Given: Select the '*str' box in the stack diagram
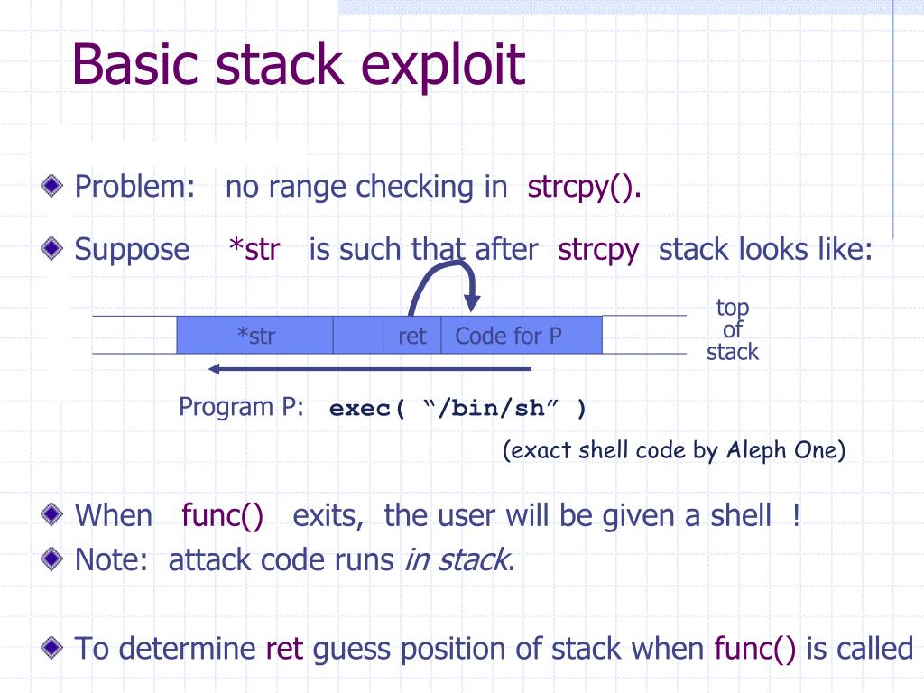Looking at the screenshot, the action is (255, 336).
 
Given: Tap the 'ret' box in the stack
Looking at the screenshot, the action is (411, 336).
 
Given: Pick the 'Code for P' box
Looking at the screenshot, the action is (508, 336).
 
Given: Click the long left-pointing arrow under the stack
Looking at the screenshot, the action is (370, 368).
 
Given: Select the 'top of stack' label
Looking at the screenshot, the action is (732, 329).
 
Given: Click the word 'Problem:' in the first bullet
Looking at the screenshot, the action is (135, 188).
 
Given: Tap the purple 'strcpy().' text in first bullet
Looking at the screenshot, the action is (585, 188).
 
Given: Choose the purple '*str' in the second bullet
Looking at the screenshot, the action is (254, 249).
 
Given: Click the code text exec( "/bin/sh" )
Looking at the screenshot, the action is (457, 409).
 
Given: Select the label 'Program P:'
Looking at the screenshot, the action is (241, 406).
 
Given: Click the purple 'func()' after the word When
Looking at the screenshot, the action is (222, 515).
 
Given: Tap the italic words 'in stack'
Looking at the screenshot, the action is (456, 559).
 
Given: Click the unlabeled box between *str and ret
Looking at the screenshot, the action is (358, 336).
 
